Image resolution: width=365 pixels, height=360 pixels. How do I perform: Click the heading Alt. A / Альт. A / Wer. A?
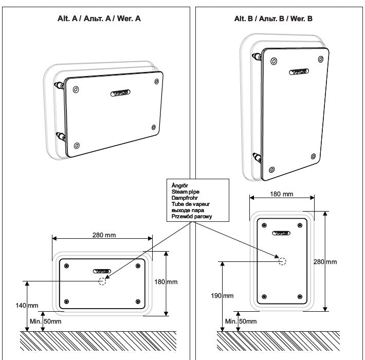[99, 18]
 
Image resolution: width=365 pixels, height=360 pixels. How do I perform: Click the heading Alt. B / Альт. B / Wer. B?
[273, 18]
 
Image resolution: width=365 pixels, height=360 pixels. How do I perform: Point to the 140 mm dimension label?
[26, 305]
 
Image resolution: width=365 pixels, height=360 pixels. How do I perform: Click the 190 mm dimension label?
[222, 296]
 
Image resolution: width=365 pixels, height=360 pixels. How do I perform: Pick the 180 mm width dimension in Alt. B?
[281, 194]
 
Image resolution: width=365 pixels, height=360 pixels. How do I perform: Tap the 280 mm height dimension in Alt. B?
[325, 261]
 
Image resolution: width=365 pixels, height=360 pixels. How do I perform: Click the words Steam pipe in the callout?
[186, 191]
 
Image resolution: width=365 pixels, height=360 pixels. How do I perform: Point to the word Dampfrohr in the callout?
[185, 197]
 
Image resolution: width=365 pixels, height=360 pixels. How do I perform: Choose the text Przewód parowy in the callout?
[192, 217]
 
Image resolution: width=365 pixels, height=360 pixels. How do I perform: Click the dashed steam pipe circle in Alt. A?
[103, 281]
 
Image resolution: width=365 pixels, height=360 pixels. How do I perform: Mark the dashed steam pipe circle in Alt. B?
[282, 261]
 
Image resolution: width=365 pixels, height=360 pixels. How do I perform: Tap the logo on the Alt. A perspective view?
[121, 93]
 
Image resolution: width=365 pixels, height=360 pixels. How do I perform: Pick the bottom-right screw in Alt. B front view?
[300, 297]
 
